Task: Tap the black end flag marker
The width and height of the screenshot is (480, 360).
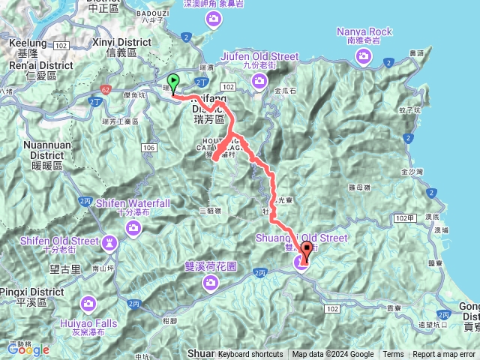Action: tap(307, 251)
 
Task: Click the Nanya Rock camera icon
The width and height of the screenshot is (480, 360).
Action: tap(364, 57)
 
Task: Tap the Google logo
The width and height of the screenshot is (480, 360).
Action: tap(28, 349)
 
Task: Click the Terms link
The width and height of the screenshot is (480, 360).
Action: tap(393, 355)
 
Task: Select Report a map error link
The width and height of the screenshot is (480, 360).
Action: tap(444, 355)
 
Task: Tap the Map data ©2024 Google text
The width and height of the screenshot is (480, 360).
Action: tap(333, 355)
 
